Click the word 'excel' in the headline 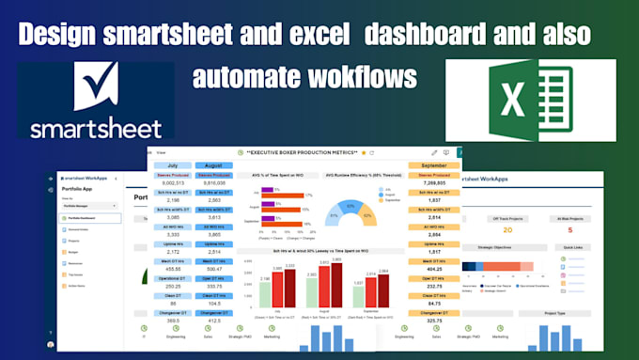click(x=359, y=33)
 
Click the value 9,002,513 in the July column click(x=172, y=183)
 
